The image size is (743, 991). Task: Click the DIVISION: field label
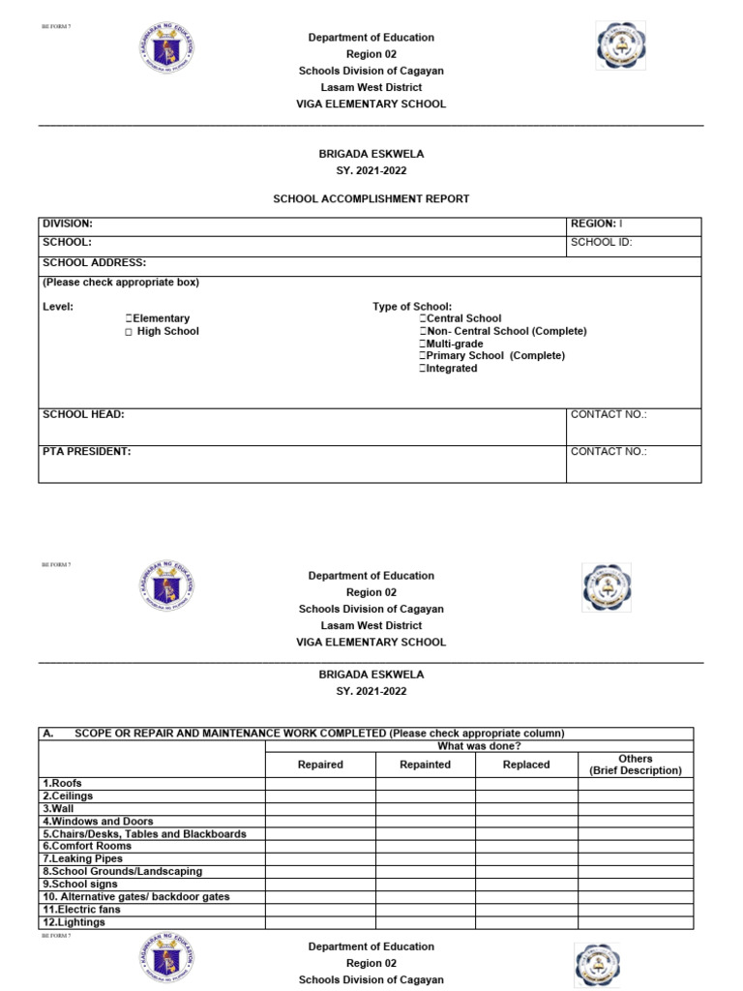click(x=68, y=224)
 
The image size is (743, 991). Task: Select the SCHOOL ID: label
click(x=601, y=242)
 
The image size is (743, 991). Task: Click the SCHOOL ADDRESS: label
click(x=95, y=262)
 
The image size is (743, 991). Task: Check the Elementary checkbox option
click(x=128, y=318)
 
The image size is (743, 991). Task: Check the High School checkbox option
click(x=128, y=331)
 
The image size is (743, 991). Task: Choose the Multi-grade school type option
click(x=423, y=344)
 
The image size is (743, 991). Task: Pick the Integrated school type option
click(x=423, y=369)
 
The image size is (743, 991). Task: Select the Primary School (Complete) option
click(x=423, y=356)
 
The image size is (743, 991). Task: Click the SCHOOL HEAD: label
click(x=83, y=414)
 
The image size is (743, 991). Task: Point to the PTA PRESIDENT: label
click(x=87, y=451)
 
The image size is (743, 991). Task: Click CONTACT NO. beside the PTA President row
click(x=609, y=451)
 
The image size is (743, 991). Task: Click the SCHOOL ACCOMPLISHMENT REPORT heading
click(x=371, y=198)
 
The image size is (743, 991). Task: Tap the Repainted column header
click(x=425, y=765)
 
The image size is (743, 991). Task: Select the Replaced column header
click(x=526, y=765)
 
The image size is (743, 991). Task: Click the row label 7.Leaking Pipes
click(x=83, y=858)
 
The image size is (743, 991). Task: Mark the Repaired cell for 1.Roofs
click(x=320, y=783)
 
